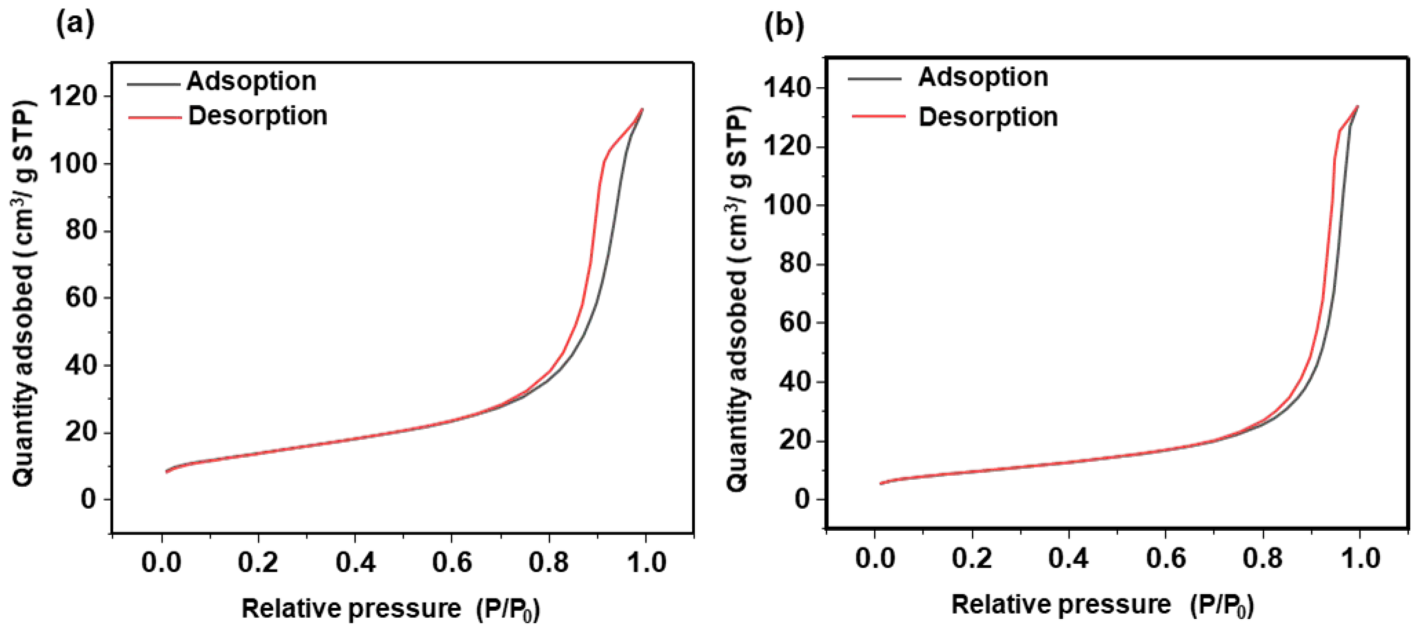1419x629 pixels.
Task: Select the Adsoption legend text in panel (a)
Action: [x=251, y=82]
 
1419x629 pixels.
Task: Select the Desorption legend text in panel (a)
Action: [x=258, y=116]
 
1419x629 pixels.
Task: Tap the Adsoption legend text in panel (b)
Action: [x=983, y=77]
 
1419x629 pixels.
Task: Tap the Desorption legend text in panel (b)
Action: [x=988, y=117]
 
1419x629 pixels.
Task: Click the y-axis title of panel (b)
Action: [x=738, y=297]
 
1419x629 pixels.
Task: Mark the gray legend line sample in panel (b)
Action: [x=875, y=79]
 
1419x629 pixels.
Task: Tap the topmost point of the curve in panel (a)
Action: [x=642, y=109]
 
